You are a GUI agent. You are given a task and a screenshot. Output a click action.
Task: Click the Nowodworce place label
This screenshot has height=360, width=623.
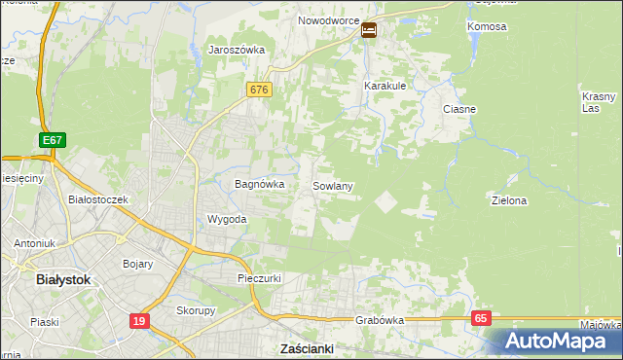pyautogui.click(x=328, y=20)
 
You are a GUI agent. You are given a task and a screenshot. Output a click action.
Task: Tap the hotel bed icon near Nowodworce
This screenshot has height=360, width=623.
pyautogui.click(x=370, y=30)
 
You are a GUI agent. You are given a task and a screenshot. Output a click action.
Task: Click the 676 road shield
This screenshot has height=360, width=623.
pyautogui.click(x=258, y=90)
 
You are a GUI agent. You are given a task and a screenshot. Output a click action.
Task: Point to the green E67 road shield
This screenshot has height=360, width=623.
pyautogui.click(x=53, y=141)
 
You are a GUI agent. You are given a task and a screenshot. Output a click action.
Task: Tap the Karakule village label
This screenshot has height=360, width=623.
pyautogui.click(x=385, y=86)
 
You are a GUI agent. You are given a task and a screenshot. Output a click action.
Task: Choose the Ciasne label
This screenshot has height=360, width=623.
pyautogui.click(x=458, y=109)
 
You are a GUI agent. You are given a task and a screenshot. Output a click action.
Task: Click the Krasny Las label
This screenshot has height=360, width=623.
pyautogui.click(x=599, y=102)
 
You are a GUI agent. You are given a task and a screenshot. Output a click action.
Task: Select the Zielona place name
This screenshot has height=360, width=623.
pyautogui.click(x=509, y=200)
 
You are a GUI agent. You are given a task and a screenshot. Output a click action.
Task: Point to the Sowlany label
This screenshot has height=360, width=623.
pyautogui.click(x=332, y=185)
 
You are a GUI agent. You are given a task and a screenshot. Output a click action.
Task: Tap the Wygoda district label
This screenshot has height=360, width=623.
pyautogui.click(x=227, y=219)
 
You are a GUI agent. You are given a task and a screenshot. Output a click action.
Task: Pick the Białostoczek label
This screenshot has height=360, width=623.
pyautogui.click(x=98, y=199)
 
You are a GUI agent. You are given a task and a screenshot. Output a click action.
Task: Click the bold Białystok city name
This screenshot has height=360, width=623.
pyautogui.click(x=62, y=279)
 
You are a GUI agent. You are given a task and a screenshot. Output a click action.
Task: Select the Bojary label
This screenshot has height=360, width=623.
pyautogui.click(x=138, y=263)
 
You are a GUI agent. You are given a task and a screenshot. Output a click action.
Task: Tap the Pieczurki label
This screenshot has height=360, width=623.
pyautogui.click(x=260, y=278)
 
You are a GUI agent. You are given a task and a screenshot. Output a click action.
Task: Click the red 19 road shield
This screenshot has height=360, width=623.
pyautogui.click(x=139, y=319)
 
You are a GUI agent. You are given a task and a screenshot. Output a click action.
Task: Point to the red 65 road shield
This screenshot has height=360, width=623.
pyautogui.click(x=481, y=318)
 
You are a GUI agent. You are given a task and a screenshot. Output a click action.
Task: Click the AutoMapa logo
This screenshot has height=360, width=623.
pyautogui.click(x=554, y=342)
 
